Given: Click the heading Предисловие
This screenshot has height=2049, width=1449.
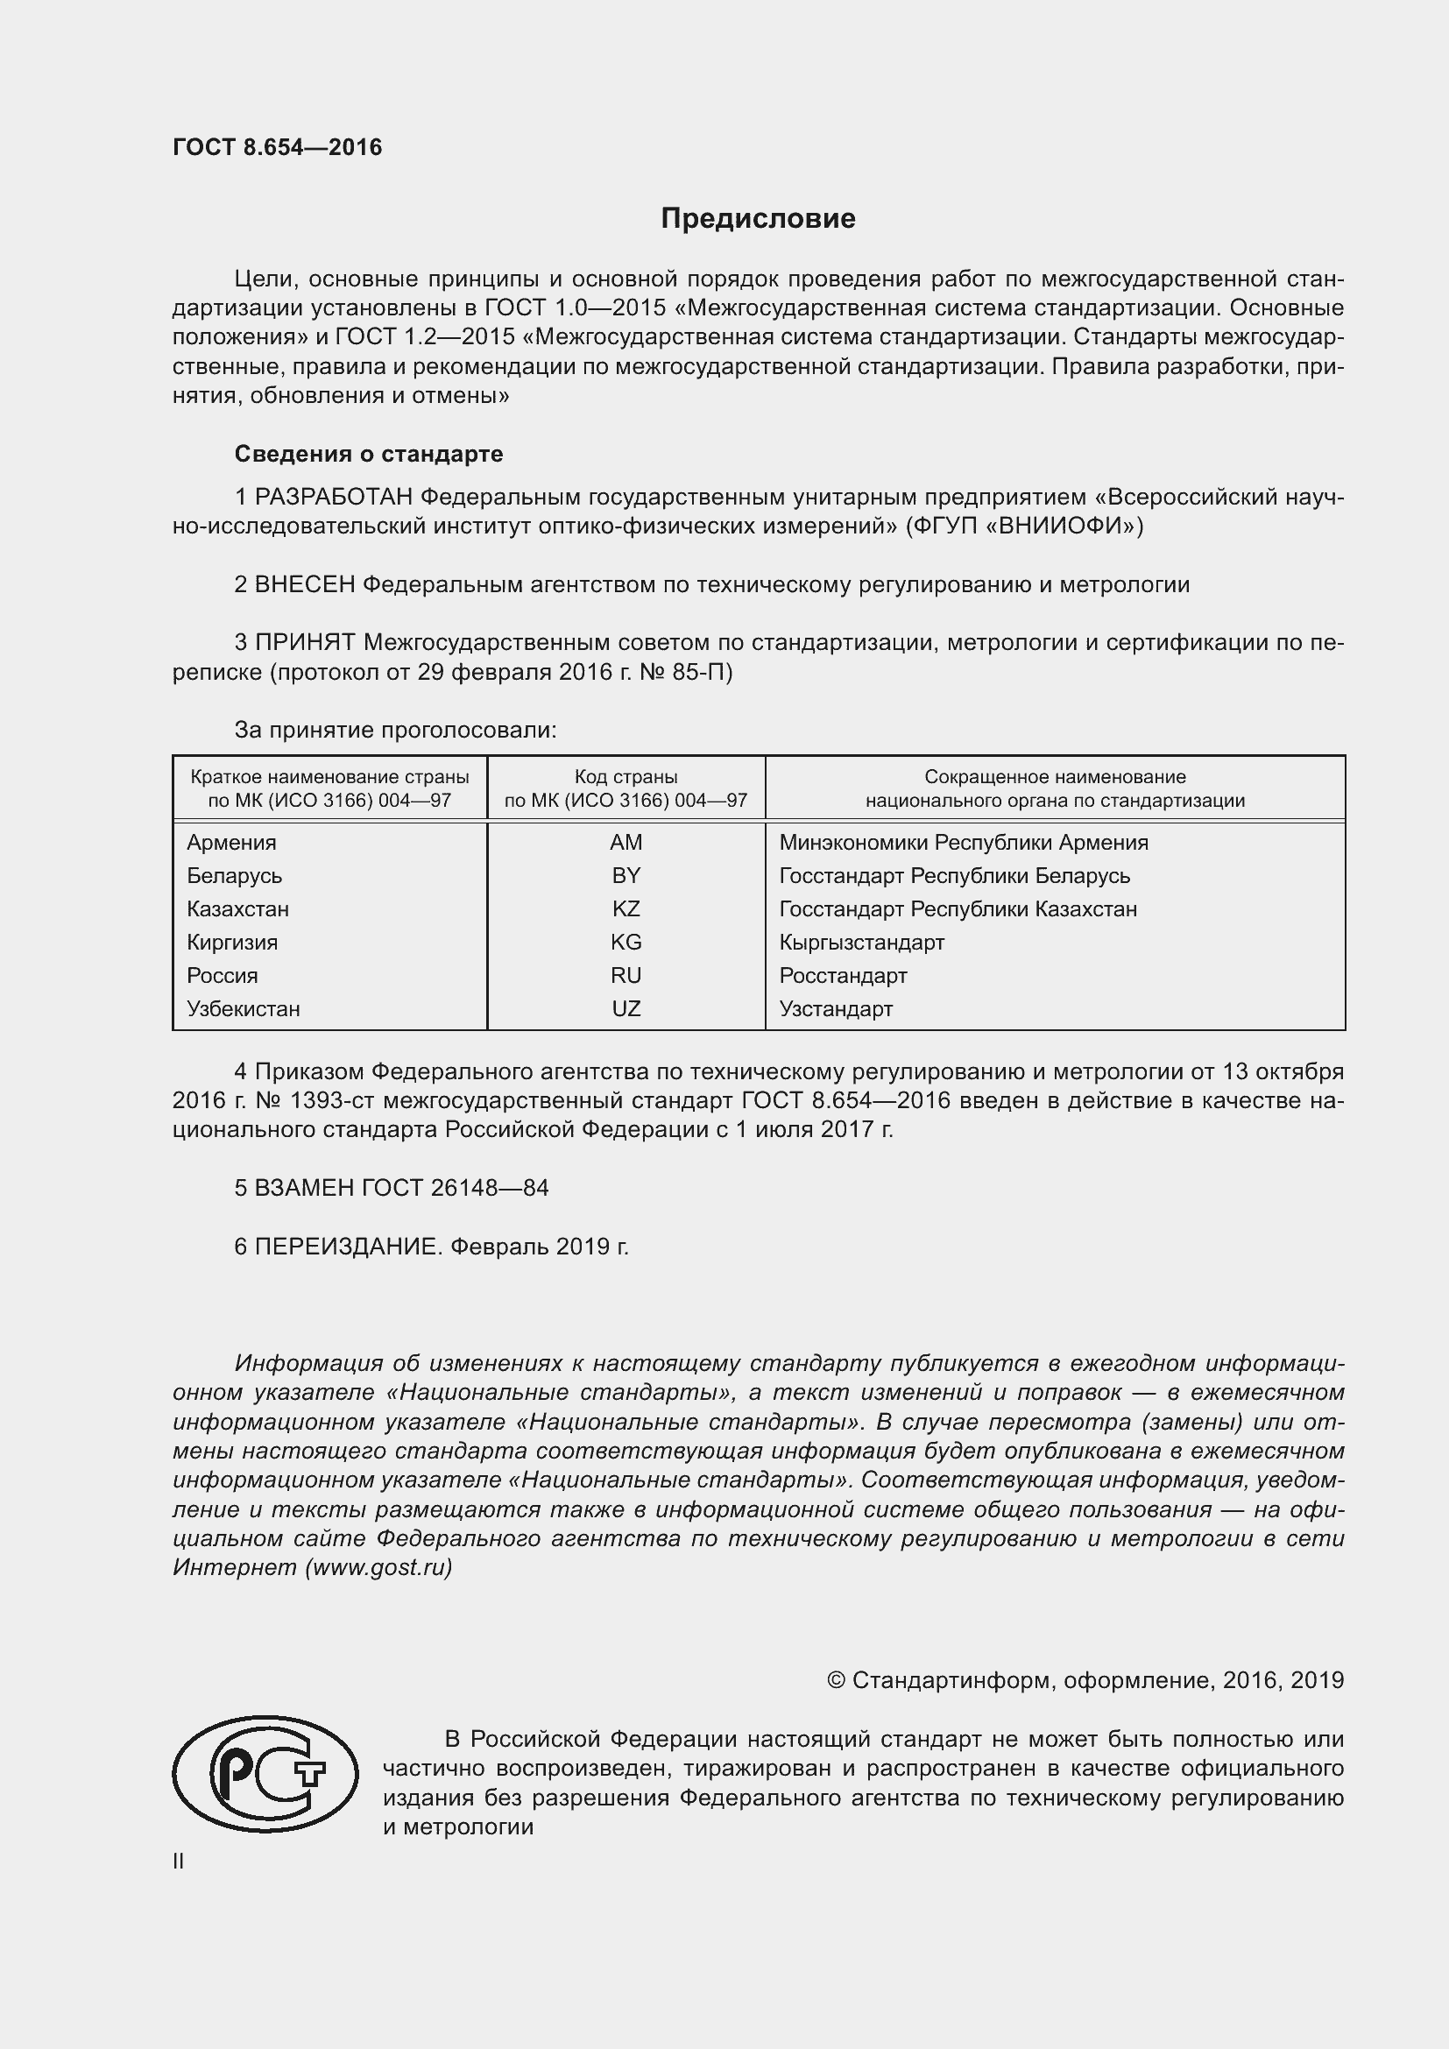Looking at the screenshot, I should [758, 219].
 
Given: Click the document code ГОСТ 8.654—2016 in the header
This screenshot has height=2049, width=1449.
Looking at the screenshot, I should [277, 147].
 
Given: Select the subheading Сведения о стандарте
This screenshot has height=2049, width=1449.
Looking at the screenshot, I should [369, 455].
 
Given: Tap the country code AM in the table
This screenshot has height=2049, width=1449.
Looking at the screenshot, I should [626, 843].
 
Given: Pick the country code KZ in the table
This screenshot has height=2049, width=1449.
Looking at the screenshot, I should [626, 909].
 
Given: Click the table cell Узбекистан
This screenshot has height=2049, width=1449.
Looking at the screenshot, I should [244, 1009].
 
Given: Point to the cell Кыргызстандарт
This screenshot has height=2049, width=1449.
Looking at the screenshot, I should [861, 943].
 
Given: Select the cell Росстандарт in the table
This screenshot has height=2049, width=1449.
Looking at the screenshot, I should [842, 975].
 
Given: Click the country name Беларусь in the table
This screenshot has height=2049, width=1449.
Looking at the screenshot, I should [234, 875].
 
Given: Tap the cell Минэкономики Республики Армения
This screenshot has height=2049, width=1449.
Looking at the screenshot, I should [963, 843].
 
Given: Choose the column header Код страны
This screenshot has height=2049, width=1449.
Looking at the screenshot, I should [626, 777].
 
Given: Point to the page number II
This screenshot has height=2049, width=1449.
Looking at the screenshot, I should [179, 1862].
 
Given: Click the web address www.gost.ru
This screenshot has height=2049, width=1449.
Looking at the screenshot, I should [378, 1568].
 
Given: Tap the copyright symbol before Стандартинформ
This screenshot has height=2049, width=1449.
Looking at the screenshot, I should [836, 1680].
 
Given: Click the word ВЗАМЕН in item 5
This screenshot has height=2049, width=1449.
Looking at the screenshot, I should [304, 1188].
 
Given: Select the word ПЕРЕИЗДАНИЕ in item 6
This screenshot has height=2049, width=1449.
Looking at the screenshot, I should [347, 1247].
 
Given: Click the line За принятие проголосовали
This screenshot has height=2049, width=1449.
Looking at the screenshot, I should [395, 730].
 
